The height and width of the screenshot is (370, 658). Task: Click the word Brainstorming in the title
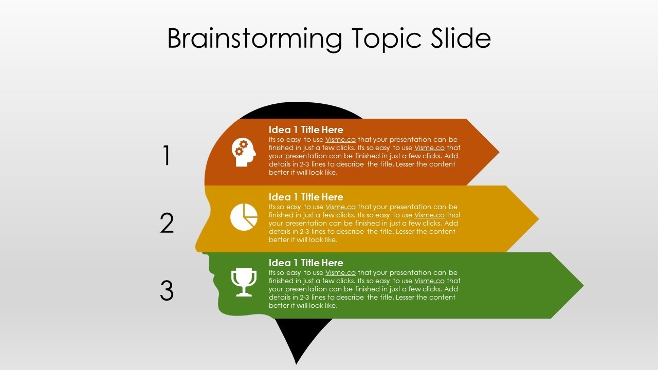point(254,39)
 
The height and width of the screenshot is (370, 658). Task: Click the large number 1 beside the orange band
point(167,155)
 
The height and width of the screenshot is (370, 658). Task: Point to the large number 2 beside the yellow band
point(167,223)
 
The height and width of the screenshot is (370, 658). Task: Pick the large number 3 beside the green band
point(167,291)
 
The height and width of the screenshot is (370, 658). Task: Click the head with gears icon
point(244,152)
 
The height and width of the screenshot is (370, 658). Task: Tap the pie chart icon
point(244,217)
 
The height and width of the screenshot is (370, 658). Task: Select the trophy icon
point(244,282)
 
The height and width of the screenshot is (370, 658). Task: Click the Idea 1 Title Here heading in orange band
point(306,129)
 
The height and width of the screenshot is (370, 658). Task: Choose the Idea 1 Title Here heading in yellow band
point(306,197)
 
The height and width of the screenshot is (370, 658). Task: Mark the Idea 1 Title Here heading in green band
point(306,263)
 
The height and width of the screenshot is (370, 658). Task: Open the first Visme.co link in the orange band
point(340,140)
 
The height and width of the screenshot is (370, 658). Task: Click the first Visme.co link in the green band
point(340,273)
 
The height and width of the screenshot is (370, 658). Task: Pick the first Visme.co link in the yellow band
point(340,207)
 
